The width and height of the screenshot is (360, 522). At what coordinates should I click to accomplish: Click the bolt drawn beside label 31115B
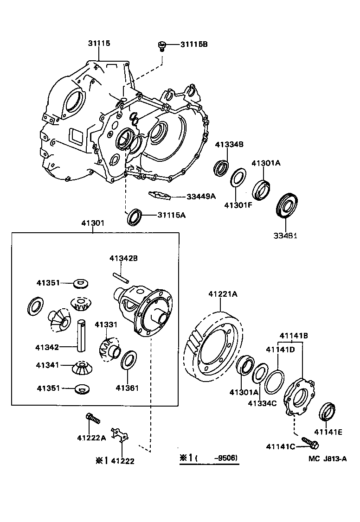pyautogui.click(x=162, y=45)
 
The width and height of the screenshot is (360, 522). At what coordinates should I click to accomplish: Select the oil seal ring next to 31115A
pyautogui.click(x=135, y=216)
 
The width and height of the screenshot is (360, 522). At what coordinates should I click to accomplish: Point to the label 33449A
pyautogui.click(x=201, y=196)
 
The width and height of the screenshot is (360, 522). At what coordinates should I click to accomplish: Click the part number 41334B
pyautogui.click(x=229, y=144)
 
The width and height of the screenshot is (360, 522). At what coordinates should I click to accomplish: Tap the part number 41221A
pyautogui.click(x=223, y=294)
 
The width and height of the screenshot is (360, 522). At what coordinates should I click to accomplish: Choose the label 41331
pyautogui.click(x=106, y=324)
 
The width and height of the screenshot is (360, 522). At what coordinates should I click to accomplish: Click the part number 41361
pyautogui.click(x=127, y=388)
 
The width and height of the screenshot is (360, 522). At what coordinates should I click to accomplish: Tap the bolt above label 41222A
pyautogui.click(x=93, y=419)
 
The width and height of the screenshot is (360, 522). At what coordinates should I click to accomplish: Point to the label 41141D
pyautogui.click(x=280, y=350)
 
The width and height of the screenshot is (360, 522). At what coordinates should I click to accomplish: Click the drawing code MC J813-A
pyautogui.click(x=328, y=459)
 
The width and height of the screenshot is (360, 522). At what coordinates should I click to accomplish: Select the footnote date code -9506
pyautogui.click(x=225, y=458)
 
